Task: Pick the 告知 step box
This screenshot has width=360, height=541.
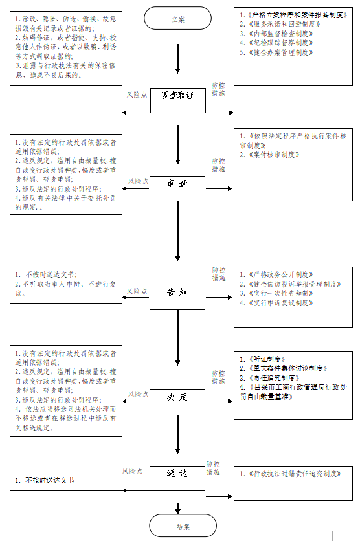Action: tap(177, 293)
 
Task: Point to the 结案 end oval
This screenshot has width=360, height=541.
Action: tap(177, 525)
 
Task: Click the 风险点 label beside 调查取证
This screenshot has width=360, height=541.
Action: tap(137, 95)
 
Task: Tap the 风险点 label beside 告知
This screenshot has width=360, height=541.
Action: tap(137, 292)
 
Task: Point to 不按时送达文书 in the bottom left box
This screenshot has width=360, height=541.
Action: tap(49, 481)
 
